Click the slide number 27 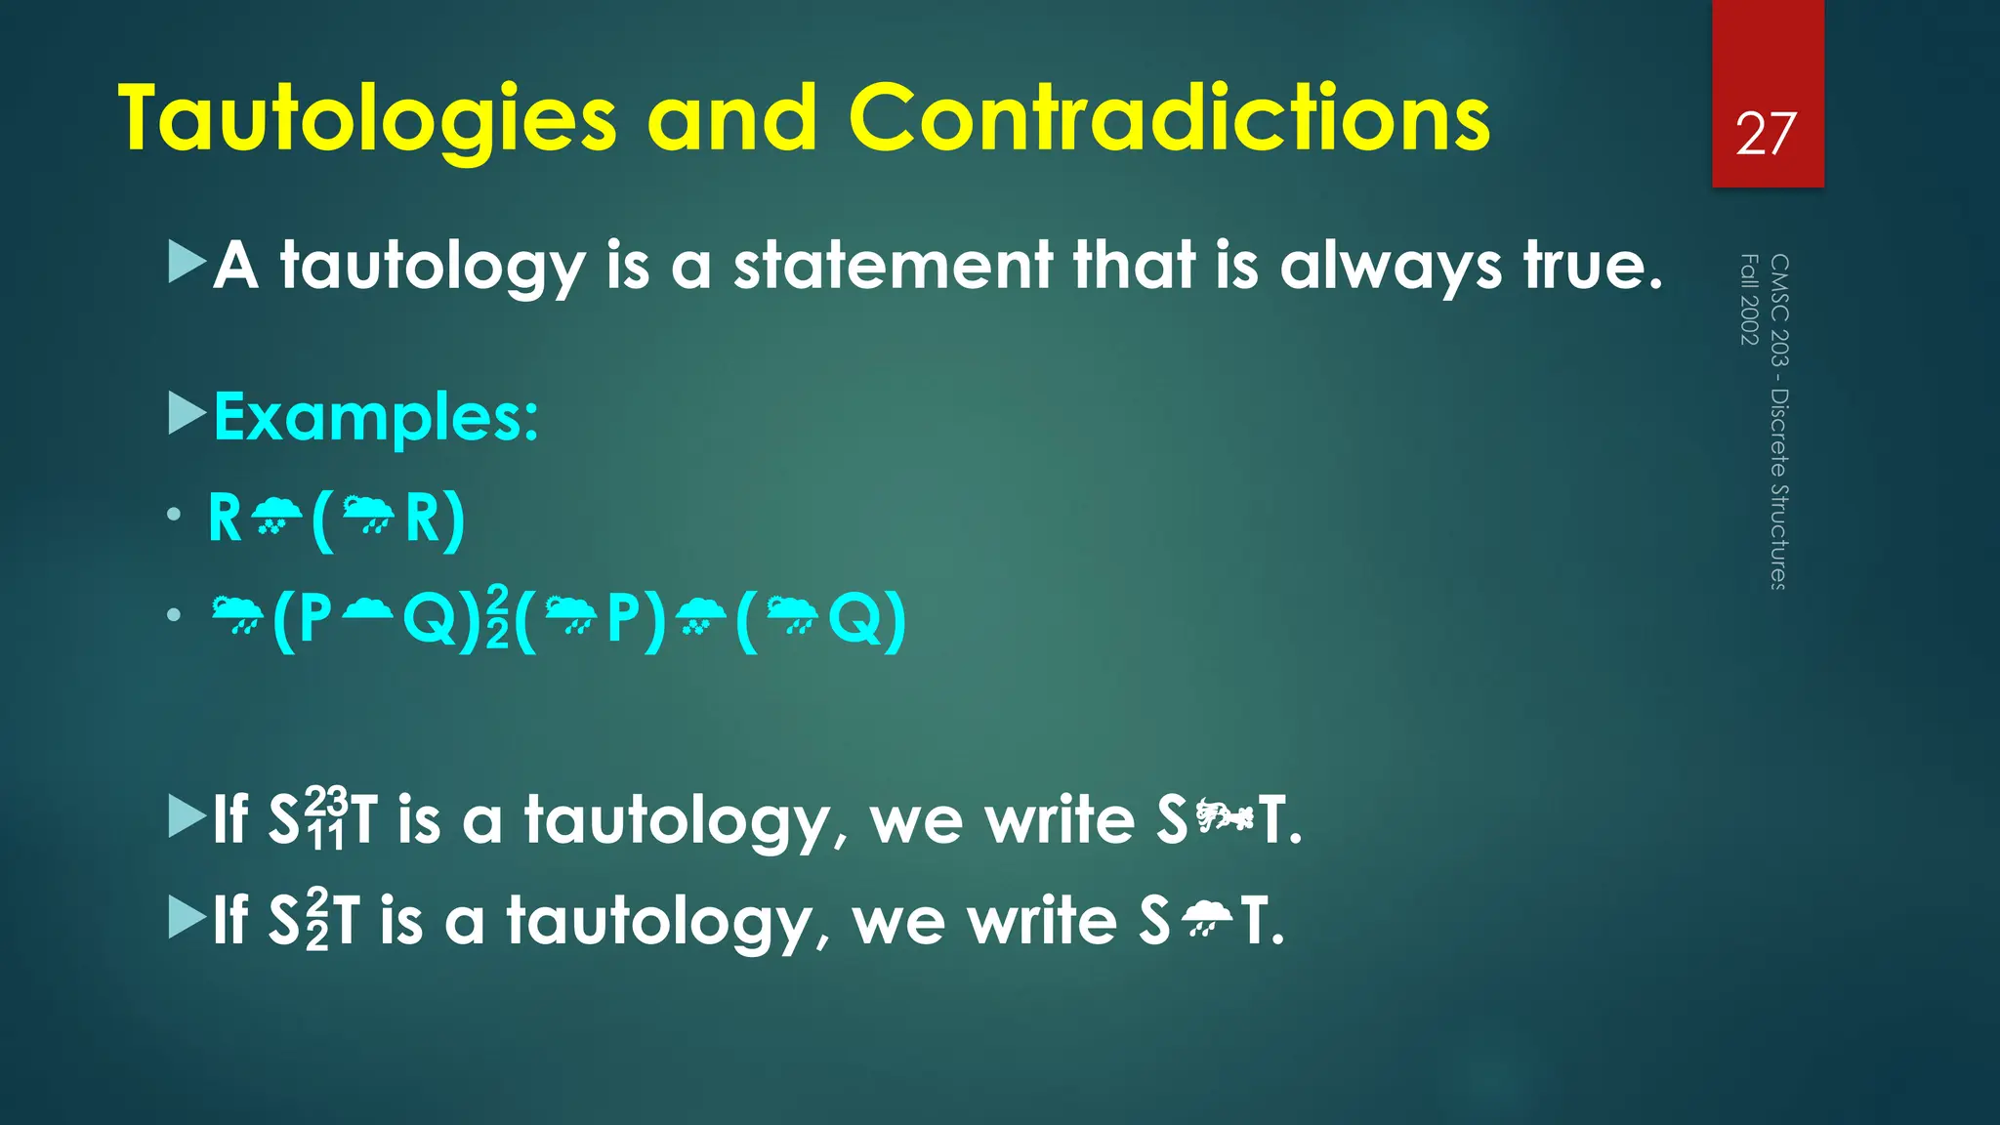1766,134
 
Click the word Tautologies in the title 367,119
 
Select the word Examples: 376,418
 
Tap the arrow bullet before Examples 187,414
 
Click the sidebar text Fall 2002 1749,299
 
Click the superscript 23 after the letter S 326,803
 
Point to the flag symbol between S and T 1225,815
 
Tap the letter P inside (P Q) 314,618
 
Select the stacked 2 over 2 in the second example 497,617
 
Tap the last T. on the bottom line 1262,921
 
